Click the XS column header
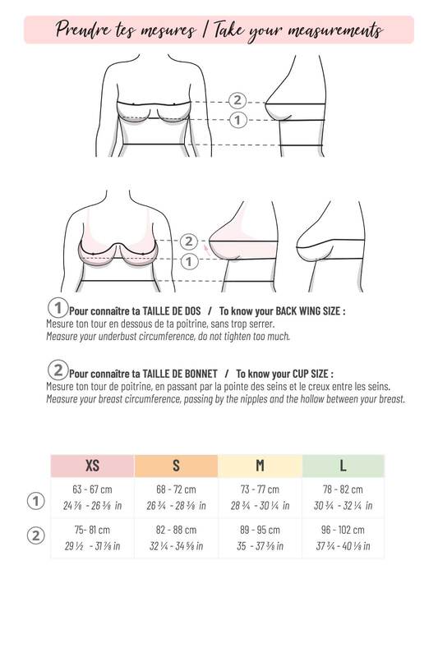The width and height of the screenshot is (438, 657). (x=92, y=466)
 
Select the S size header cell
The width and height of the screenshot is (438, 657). (x=176, y=466)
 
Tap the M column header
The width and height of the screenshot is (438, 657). (x=260, y=466)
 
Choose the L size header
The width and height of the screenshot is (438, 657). (x=343, y=466)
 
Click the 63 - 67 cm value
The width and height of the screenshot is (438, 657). (x=92, y=489)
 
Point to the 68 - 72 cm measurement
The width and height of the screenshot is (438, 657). (x=176, y=489)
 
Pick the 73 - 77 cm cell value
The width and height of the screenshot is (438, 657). (x=260, y=489)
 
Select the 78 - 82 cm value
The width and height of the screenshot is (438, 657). (x=343, y=489)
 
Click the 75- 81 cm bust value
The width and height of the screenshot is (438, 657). (x=92, y=530)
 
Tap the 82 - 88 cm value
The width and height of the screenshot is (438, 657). (x=176, y=530)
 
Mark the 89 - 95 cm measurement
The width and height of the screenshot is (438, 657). (x=260, y=530)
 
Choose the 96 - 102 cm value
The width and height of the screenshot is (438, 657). (x=343, y=530)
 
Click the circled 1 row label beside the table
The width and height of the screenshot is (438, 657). (x=35, y=501)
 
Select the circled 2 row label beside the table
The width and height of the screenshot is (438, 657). (x=35, y=535)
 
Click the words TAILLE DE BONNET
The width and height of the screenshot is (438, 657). (x=180, y=374)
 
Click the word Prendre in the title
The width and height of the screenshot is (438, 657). (x=83, y=30)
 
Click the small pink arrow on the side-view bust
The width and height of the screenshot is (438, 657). (x=206, y=250)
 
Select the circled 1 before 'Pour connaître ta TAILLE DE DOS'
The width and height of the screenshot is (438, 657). (x=58, y=307)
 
